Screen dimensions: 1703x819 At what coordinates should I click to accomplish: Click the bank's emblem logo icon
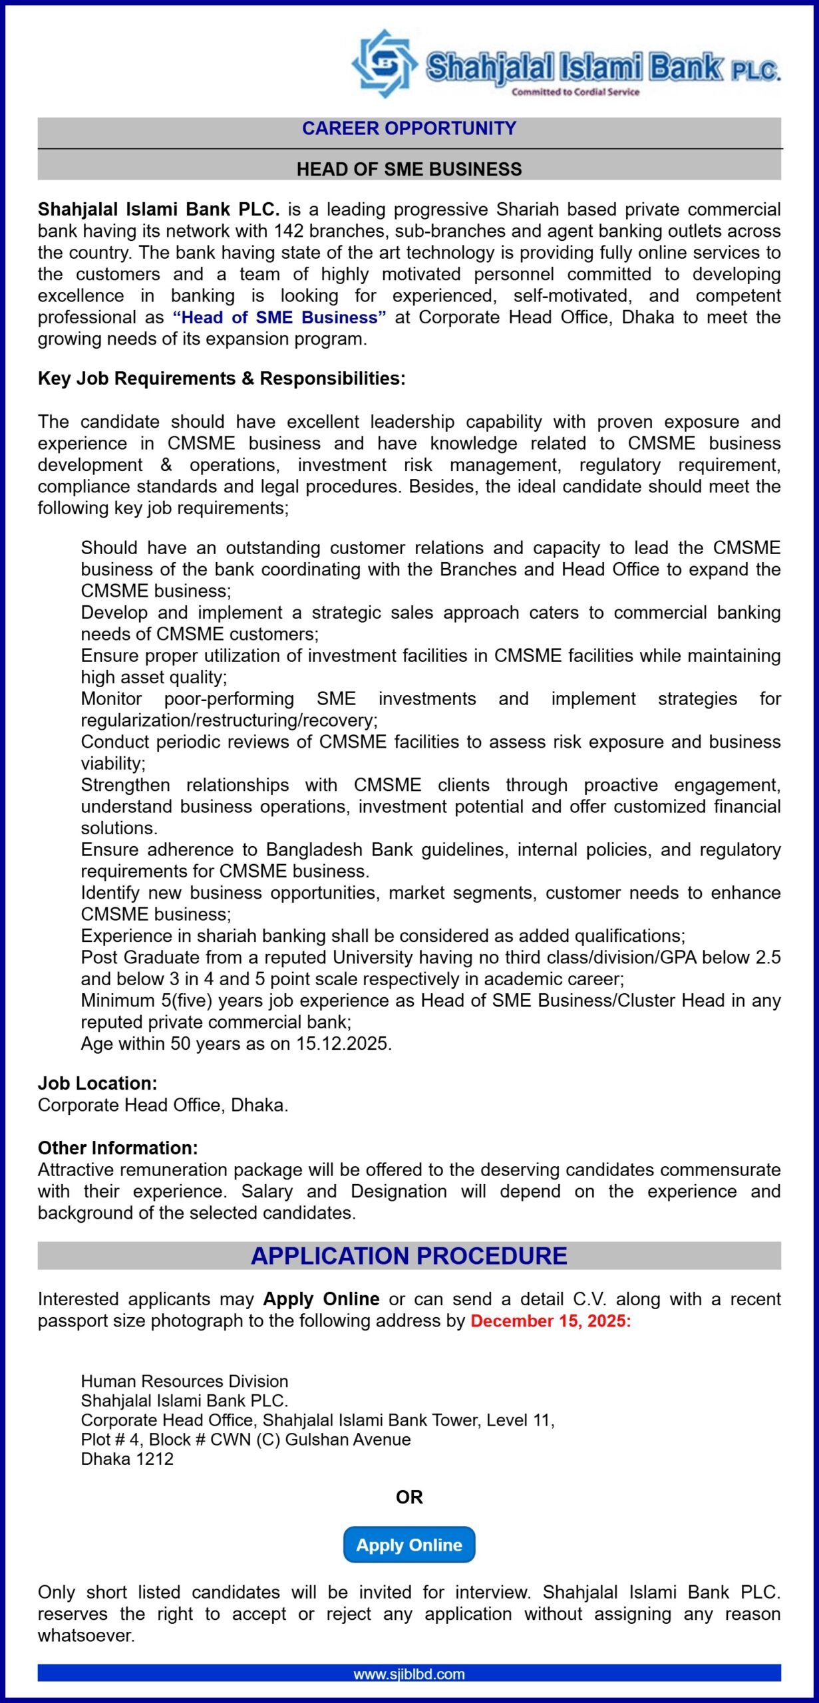[384, 64]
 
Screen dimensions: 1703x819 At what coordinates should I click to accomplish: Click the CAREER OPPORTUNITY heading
[409, 128]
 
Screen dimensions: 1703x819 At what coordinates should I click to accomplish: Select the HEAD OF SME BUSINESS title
[409, 169]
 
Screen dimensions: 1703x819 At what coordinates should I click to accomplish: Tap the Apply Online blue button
[409, 1545]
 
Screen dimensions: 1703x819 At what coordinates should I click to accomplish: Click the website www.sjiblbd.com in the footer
[409, 1674]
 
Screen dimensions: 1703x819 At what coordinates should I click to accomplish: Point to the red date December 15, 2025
[550, 1320]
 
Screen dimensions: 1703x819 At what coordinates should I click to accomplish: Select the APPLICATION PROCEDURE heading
[409, 1256]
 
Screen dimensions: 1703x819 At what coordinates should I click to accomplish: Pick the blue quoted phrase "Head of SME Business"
[279, 317]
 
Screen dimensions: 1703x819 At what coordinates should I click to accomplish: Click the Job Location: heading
[97, 1083]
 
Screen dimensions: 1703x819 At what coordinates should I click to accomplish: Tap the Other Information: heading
[118, 1148]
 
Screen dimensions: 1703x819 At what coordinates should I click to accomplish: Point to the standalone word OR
[409, 1497]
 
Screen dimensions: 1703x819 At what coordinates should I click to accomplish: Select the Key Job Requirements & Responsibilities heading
[222, 379]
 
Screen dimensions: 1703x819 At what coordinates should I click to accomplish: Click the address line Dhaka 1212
[127, 1459]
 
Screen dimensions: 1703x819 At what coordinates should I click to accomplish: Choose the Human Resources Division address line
[184, 1381]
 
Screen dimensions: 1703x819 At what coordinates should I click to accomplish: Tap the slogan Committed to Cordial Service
[575, 92]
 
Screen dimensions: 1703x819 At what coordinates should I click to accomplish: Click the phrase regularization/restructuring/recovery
[229, 720]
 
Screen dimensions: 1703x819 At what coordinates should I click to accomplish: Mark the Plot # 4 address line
[246, 1440]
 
